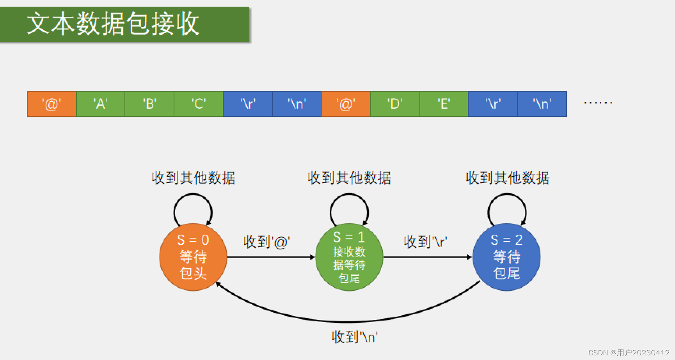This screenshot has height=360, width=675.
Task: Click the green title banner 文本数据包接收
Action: [125, 24]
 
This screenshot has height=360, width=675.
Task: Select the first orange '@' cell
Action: [52, 104]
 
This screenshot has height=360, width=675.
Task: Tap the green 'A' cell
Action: [101, 104]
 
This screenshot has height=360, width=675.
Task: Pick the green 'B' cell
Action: [149, 104]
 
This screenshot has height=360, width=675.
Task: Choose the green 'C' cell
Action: [199, 104]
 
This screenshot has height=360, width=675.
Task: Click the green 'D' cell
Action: [395, 104]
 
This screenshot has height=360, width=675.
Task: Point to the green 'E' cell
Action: [444, 104]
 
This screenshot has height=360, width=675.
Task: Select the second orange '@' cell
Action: [346, 104]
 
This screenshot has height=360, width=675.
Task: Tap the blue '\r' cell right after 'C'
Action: [248, 104]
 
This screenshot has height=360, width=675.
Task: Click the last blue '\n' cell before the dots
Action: [542, 104]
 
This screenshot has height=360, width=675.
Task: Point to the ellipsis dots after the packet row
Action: [598, 103]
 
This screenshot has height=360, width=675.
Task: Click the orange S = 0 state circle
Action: [193, 257]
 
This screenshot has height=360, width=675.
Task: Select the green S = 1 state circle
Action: [349, 257]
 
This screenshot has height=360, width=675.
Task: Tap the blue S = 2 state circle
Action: [506, 257]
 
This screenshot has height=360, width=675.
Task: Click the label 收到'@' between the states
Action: [266, 242]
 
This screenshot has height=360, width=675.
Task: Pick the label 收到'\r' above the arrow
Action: [425, 242]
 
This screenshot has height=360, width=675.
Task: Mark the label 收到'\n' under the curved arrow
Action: [355, 337]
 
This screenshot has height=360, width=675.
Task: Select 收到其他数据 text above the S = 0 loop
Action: [194, 178]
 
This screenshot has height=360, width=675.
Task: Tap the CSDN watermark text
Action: [629, 353]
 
